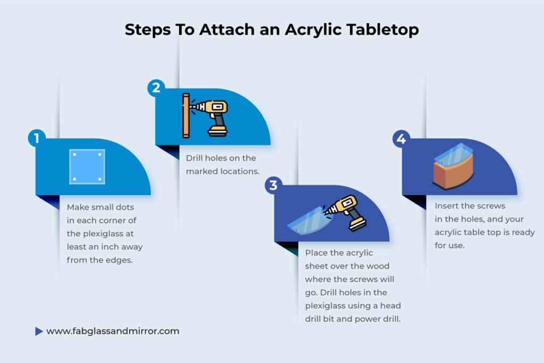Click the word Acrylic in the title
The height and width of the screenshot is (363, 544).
tap(315, 30)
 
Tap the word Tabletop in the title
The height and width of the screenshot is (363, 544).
tap(384, 30)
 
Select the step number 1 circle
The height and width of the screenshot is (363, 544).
tap(36, 139)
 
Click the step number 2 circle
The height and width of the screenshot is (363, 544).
tap(156, 88)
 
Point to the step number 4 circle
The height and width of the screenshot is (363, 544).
tap(401, 139)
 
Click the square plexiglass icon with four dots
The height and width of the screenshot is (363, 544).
tap(87, 166)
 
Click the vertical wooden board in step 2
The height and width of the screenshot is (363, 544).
tap(186, 116)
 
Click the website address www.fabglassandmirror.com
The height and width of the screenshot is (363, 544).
tap(113, 331)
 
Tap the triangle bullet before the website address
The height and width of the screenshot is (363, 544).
tap(39, 331)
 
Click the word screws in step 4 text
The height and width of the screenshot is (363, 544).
tap(491, 206)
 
